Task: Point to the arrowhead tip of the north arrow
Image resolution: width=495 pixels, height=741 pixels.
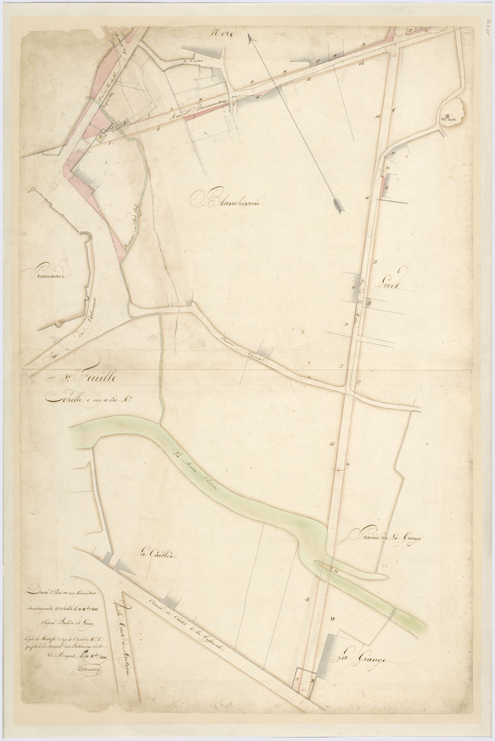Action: (250, 36)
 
